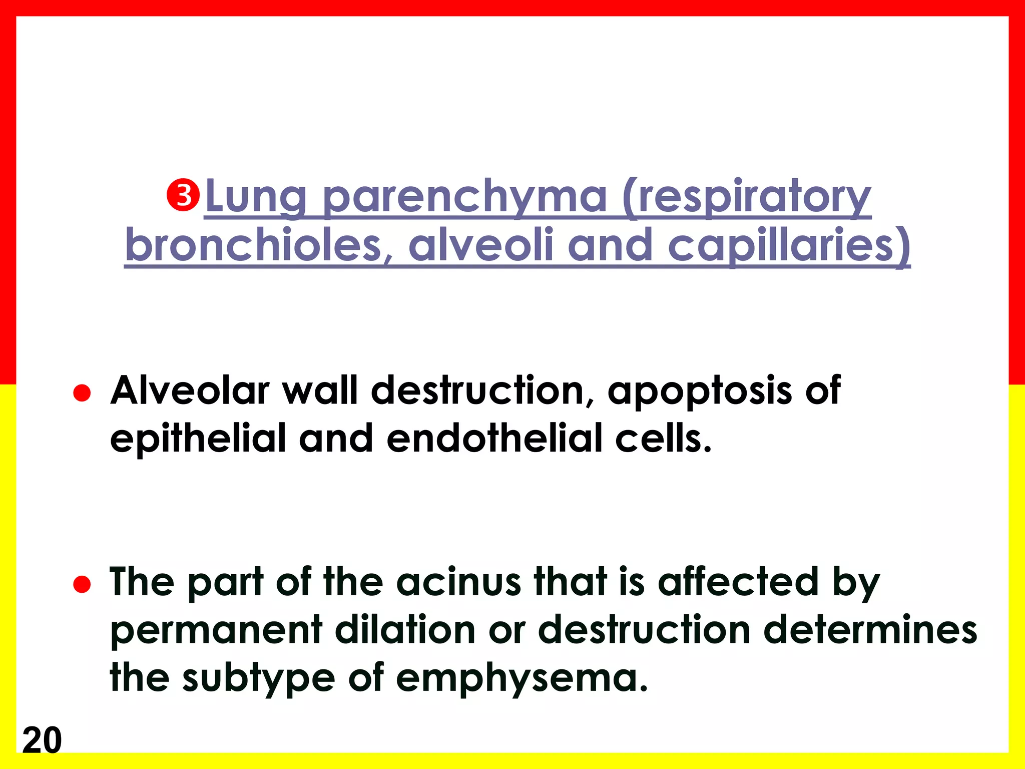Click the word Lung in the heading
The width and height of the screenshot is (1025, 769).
(x=256, y=198)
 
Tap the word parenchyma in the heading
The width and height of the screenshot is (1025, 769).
(x=465, y=198)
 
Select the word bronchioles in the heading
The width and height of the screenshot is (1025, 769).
(x=253, y=245)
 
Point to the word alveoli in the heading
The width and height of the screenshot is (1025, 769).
(x=481, y=245)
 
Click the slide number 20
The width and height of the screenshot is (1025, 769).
(x=42, y=739)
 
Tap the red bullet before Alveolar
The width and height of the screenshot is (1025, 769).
(x=82, y=393)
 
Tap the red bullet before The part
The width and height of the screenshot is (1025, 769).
(x=82, y=584)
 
